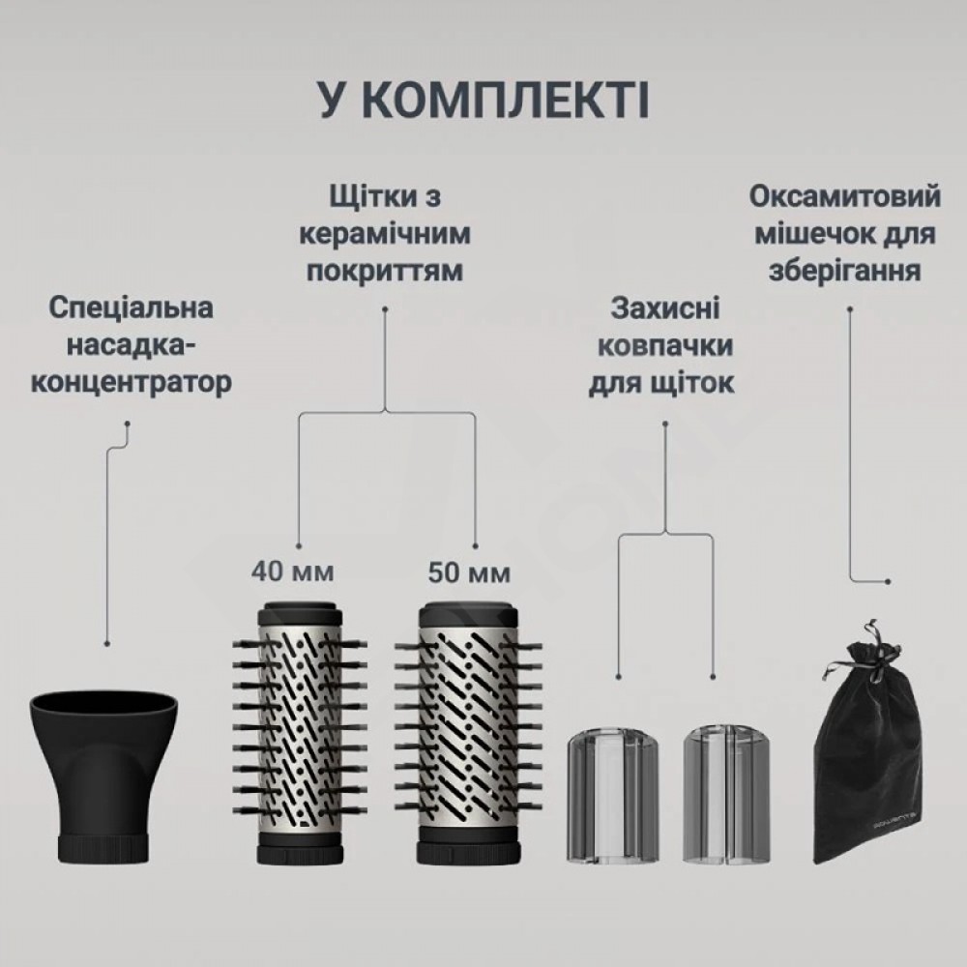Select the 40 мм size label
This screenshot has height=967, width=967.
(292, 571)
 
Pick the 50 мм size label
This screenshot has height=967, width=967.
(469, 572)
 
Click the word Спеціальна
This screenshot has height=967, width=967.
(131, 308)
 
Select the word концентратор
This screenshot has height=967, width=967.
(132, 382)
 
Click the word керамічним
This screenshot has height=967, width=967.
(385, 234)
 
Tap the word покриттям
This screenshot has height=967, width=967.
(385, 272)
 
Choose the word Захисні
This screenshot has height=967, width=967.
(665, 308)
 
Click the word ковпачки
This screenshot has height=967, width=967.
(665, 346)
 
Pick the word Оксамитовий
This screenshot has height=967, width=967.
(845, 196)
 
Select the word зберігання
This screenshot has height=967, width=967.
(845, 272)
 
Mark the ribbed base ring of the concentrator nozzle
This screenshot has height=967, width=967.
(103, 849)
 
